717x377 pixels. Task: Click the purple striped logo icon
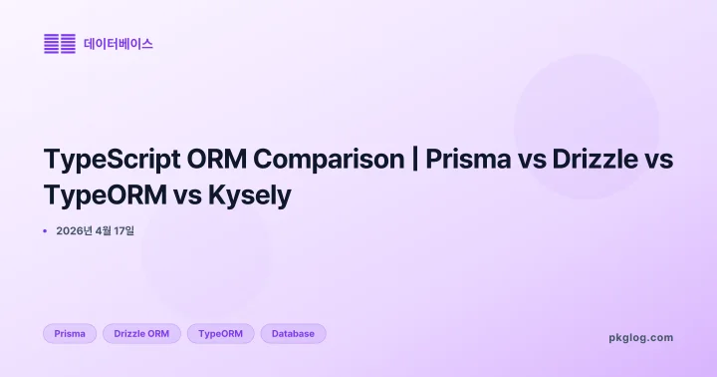coord(60,44)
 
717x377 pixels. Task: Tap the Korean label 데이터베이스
coord(119,44)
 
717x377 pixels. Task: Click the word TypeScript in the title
coord(105,160)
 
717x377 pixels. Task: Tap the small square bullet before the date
coord(46,230)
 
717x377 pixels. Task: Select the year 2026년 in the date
coord(76,230)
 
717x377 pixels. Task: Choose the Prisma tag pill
coord(70,333)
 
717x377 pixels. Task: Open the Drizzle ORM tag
coord(141,333)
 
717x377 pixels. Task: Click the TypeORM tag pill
coord(221,333)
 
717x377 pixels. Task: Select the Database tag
coord(293,333)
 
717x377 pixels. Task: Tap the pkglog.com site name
coord(640,337)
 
